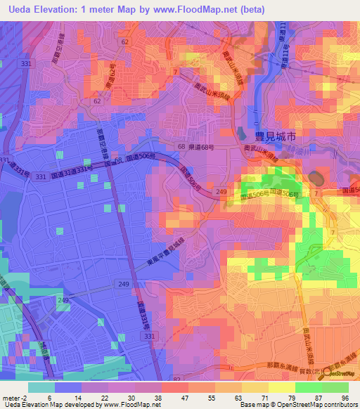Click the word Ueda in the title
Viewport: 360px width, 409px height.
coord(22,10)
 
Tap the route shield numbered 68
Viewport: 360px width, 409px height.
coord(181,146)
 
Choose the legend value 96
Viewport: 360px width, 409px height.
coord(345,398)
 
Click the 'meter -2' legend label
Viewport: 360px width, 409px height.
coord(15,398)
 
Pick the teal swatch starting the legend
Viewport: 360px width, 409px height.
coord(41,387)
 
